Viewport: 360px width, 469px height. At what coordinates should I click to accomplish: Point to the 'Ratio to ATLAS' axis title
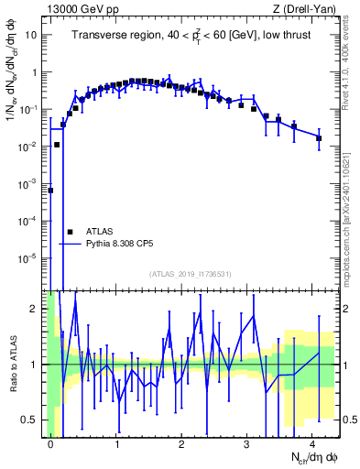(16, 365)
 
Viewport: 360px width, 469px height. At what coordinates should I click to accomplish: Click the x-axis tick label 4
(312, 442)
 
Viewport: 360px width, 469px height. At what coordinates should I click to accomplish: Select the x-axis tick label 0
(51, 442)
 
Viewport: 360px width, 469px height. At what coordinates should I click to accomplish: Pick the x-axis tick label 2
(182, 442)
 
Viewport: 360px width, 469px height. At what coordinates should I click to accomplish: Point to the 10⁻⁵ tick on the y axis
(30, 258)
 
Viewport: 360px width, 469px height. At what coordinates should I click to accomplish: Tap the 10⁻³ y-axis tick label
(30, 183)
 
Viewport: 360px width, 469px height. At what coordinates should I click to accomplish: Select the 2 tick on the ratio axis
(37, 308)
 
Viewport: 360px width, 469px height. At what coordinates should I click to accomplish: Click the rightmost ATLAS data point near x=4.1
(319, 138)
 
